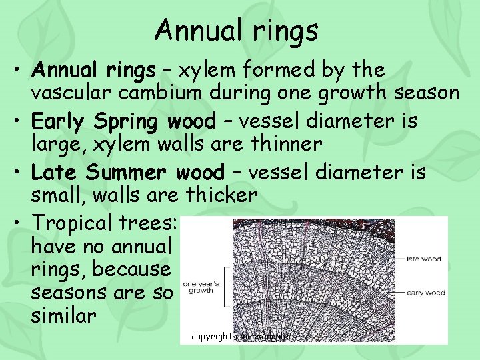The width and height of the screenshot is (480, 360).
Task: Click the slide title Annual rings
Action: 237,31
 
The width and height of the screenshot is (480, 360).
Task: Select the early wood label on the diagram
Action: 425,293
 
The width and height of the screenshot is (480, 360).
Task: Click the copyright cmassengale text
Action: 239,337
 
